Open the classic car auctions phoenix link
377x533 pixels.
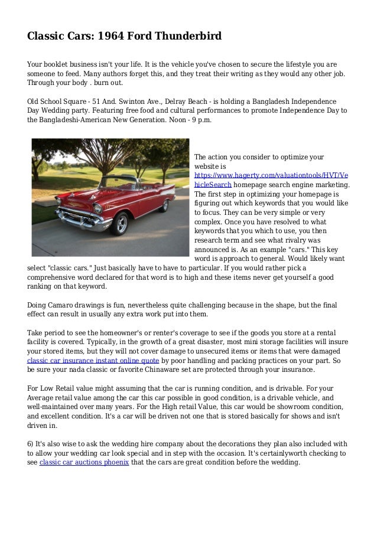pos(84,463)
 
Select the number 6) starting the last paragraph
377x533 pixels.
pos(32,444)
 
